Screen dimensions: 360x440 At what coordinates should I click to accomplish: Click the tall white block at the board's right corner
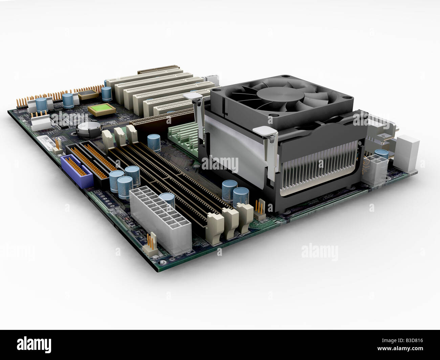coord(407,153)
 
